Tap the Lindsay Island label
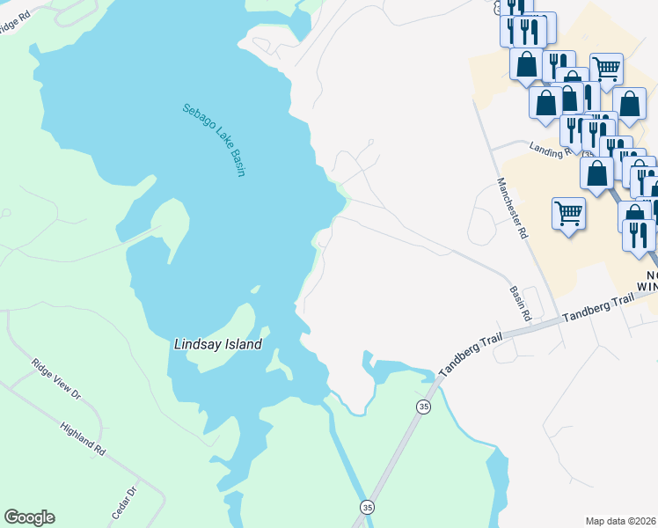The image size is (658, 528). click(216, 344)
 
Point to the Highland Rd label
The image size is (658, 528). click(83, 437)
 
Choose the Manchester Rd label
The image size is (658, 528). click(511, 209)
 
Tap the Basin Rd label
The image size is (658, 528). click(521, 302)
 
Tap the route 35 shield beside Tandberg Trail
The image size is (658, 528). click(424, 407)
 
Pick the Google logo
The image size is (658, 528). click(29, 517)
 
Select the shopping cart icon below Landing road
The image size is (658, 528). click(568, 213)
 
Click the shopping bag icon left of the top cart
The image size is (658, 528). click(527, 64)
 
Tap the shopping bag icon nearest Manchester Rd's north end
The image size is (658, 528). click(545, 102)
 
